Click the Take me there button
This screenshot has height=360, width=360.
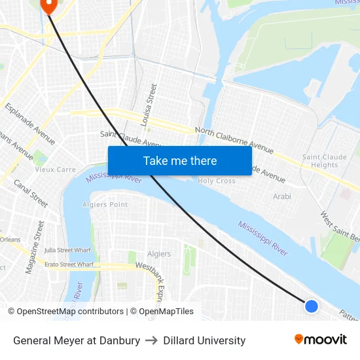click(x=180, y=160)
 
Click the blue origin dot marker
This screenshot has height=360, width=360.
click(x=312, y=306)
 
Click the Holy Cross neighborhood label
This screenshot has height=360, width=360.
click(x=217, y=181)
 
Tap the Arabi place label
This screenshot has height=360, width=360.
click(x=282, y=196)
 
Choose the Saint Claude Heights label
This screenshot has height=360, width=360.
click(x=325, y=161)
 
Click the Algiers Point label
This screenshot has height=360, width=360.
click(x=105, y=204)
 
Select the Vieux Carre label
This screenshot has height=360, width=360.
click(x=56, y=170)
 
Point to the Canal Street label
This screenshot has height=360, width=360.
click(x=31, y=193)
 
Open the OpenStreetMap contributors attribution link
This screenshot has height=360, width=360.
click(x=70, y=312)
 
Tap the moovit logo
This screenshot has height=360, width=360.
click(x=321, y=340)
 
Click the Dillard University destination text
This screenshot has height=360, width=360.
click(x=204, y=340)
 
